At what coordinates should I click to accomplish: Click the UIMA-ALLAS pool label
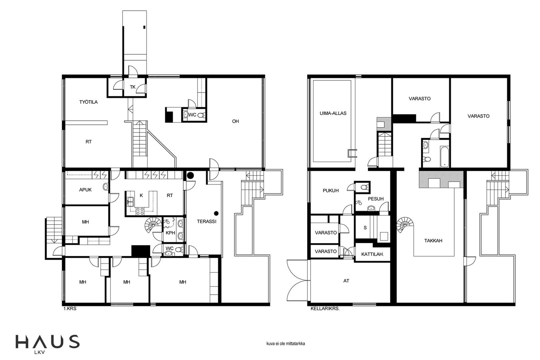point(333,113)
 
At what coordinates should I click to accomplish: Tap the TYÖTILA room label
point(88,102)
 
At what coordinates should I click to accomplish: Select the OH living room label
point(235,121)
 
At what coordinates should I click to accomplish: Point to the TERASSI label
point(207,221)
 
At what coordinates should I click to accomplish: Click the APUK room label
point(85,190)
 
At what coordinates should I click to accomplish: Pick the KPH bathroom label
point(170,233)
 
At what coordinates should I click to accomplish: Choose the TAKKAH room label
point(433,241)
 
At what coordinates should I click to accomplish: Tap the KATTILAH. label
point(372,254)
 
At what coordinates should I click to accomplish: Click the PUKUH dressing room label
point(331,190)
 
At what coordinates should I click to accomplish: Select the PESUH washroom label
point(376,199)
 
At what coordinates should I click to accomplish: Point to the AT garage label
point(346,281)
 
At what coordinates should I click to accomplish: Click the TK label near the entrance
point(133,87)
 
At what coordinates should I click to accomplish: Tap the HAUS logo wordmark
point(47,342)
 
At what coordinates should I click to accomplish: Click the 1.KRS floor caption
point(70,309)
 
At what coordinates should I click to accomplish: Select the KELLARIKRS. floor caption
point(325,309)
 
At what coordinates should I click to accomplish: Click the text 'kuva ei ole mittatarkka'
point(285,344)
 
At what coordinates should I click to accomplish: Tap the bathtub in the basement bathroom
point(444,156)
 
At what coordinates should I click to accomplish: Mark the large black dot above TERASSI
point(190,175)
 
